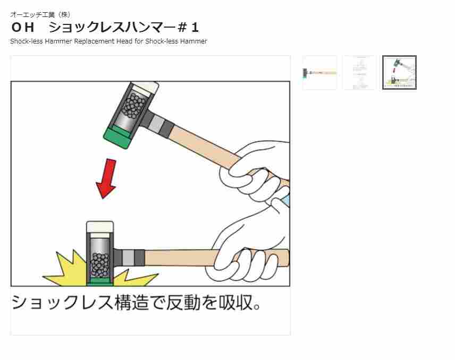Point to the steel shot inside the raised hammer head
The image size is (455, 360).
[133, 106]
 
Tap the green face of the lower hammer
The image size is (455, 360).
[99, 281]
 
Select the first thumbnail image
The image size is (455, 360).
[319, 73]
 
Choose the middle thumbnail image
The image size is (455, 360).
[359, 73]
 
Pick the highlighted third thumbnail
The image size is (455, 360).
[399, 73]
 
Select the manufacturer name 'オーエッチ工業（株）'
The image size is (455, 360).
[40, 14]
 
